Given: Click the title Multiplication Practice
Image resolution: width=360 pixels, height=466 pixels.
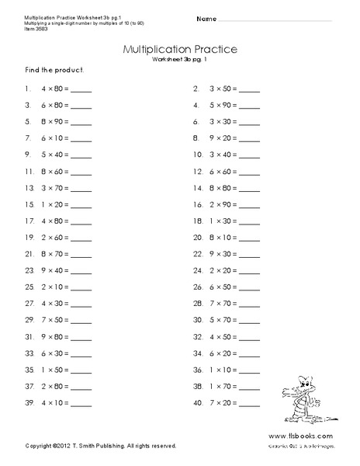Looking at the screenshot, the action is tap(180, 50).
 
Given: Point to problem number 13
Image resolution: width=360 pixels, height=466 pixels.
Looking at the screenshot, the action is tap(29, 188).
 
